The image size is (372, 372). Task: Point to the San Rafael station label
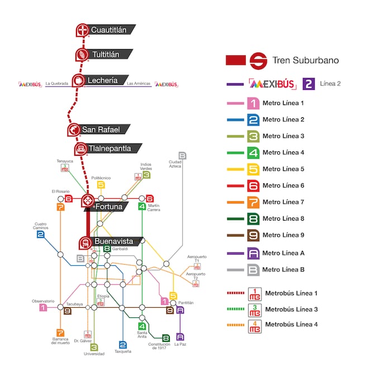tap(101, 130)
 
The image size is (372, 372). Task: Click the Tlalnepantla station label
tap(111, 149)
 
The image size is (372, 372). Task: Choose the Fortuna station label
tap(108, 207)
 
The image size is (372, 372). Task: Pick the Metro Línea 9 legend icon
tap(254, 235)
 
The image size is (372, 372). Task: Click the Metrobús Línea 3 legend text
tap(291, 309)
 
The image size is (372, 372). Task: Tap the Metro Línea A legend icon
tap(254, 253)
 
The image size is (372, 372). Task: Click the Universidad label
tap(94, 354)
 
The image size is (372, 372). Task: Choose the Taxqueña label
tap(122, 351)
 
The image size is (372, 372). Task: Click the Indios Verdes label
tap(146, 166)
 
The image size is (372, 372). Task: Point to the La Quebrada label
tap(57, 84)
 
